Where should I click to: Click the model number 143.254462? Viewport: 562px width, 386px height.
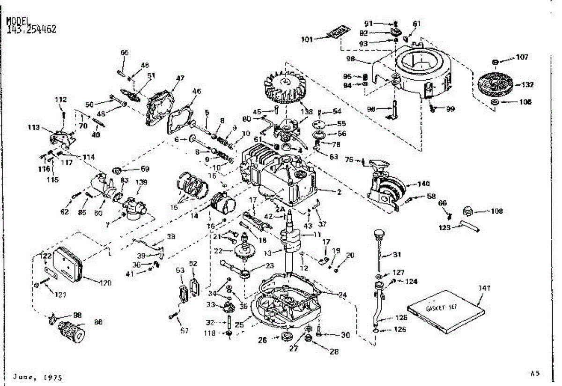click(32, 29)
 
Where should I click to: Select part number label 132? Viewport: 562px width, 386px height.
click(527, 85)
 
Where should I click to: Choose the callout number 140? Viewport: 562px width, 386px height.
click(423, 184)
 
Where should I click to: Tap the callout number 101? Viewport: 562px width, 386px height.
click(307, 39)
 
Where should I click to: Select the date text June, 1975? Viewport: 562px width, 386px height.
click(38, 377)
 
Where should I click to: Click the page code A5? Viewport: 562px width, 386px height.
click(535, 373)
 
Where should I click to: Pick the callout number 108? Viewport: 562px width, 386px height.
click(497, 212)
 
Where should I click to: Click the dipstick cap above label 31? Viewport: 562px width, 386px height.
click(379, 233)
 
